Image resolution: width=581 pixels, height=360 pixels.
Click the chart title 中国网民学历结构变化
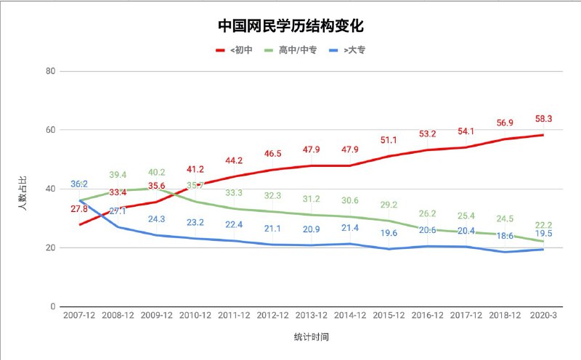(290, 26)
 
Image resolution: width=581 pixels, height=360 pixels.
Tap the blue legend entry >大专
(353, 50)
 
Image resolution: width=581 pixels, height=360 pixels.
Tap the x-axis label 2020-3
(543, 316)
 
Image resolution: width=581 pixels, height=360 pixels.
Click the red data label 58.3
(543, 118)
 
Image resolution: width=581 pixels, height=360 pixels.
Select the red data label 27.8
(80, 209)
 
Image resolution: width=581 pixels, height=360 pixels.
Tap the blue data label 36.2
(80, 184)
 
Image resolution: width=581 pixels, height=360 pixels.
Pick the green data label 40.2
(157, 173)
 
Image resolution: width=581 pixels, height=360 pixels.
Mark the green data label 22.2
(543, 226)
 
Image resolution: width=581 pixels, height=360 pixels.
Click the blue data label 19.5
(543, 234)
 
